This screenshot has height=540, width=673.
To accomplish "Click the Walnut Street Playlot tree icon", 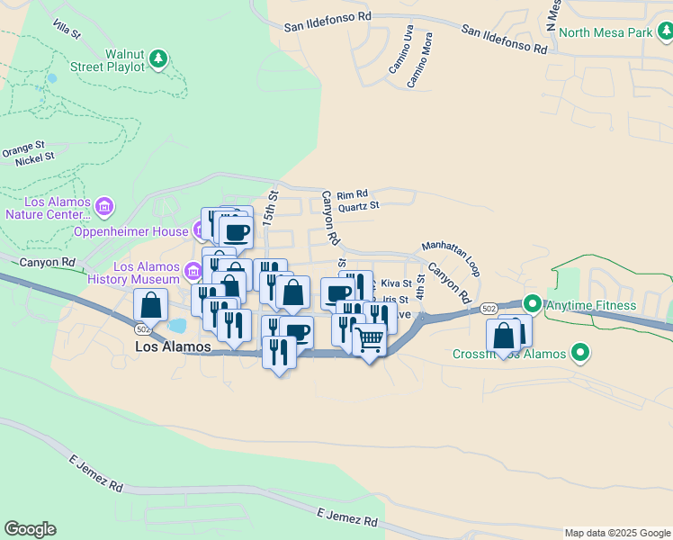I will click(158, 58).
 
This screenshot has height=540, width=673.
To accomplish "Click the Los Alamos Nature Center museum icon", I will click(104, 208).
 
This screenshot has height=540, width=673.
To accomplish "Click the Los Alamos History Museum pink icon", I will click(193, 270).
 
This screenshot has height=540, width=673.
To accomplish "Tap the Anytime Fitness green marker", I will click(531, 305).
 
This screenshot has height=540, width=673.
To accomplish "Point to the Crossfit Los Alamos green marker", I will click(580, 353).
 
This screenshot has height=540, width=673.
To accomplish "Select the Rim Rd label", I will click(354, 193).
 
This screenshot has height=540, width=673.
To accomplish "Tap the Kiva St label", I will click(396, 283).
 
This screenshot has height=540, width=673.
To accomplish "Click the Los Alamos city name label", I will click(173, 346).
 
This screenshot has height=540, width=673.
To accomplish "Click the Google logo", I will click(30, 529).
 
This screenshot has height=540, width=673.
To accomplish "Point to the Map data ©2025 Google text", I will click(616, 533).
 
